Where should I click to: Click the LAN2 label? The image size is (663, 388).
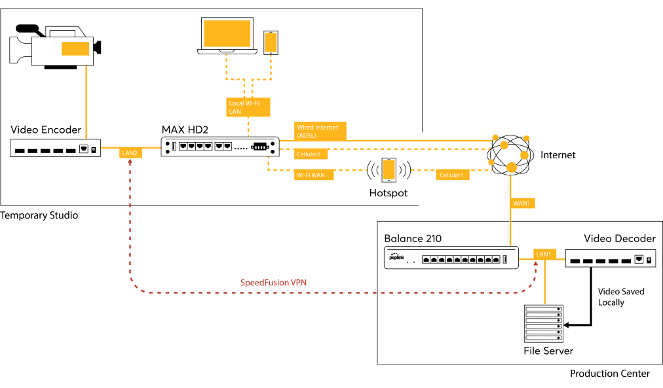click(130, 153)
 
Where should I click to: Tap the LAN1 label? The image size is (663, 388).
click(545, 254)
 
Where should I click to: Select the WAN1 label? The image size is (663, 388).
click(522, 203)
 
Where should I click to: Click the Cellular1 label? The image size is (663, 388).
click(452, 175)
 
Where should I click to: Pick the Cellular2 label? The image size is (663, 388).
click(311, 154)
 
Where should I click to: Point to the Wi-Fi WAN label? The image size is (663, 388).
click(313, 175)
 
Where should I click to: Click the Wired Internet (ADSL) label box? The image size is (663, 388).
click(320, 131)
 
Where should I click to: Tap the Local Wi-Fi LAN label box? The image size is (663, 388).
click(248, 107)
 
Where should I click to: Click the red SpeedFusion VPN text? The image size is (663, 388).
click(273, 283)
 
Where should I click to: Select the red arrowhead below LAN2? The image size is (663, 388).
click(130, 161)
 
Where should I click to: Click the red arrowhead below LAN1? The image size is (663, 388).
click(536, 263)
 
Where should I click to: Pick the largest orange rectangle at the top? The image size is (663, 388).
click(227, 33)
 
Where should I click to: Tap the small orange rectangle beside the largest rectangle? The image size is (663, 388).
click(271, 43)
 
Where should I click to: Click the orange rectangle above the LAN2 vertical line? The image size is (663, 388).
click(75, 49)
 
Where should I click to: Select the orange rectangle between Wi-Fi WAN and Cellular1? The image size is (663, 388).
click(388, 169)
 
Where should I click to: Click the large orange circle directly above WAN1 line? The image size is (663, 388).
click(512, 168)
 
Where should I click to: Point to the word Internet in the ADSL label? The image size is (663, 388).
click(326, 128)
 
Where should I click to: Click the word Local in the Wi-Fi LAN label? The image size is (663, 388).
click(236, 103)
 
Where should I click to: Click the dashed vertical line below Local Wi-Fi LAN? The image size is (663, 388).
click(248, 126)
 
